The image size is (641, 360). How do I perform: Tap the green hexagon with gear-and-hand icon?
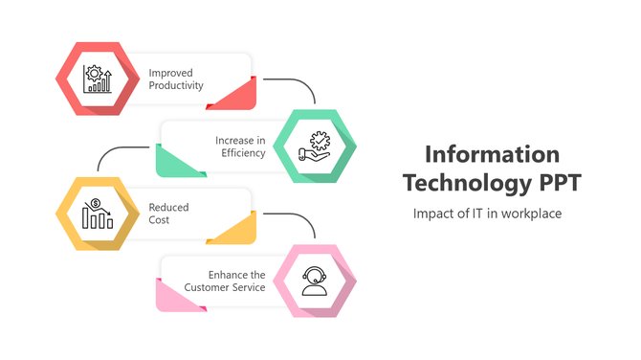[x=316, y=146]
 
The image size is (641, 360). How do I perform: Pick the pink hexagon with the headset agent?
[x=316, y=281]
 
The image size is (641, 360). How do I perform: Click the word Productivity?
[x=176, y=85]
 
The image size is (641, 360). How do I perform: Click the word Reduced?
[x=168, y=207]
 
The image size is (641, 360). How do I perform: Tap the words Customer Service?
[x=225, y=287]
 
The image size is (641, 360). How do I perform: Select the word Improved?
[x=171, y=72]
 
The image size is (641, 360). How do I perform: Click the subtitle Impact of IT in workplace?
[x=487, y=213]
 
